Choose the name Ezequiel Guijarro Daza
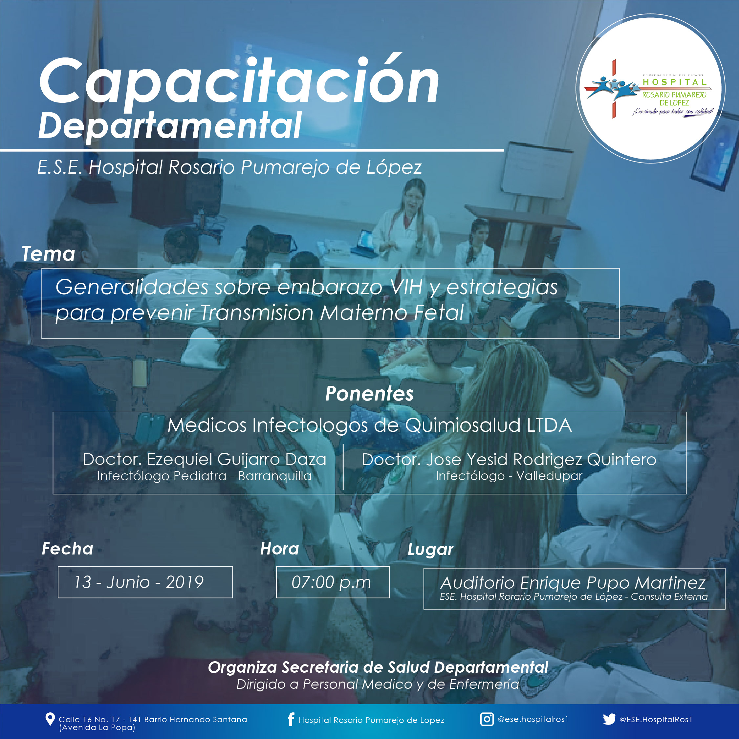pos(236,459)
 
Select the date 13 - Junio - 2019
pos(139,582)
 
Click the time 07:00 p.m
pos(331,582)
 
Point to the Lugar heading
pos(430,550)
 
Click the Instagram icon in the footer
pos(487,719)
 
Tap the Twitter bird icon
pos(609,719)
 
